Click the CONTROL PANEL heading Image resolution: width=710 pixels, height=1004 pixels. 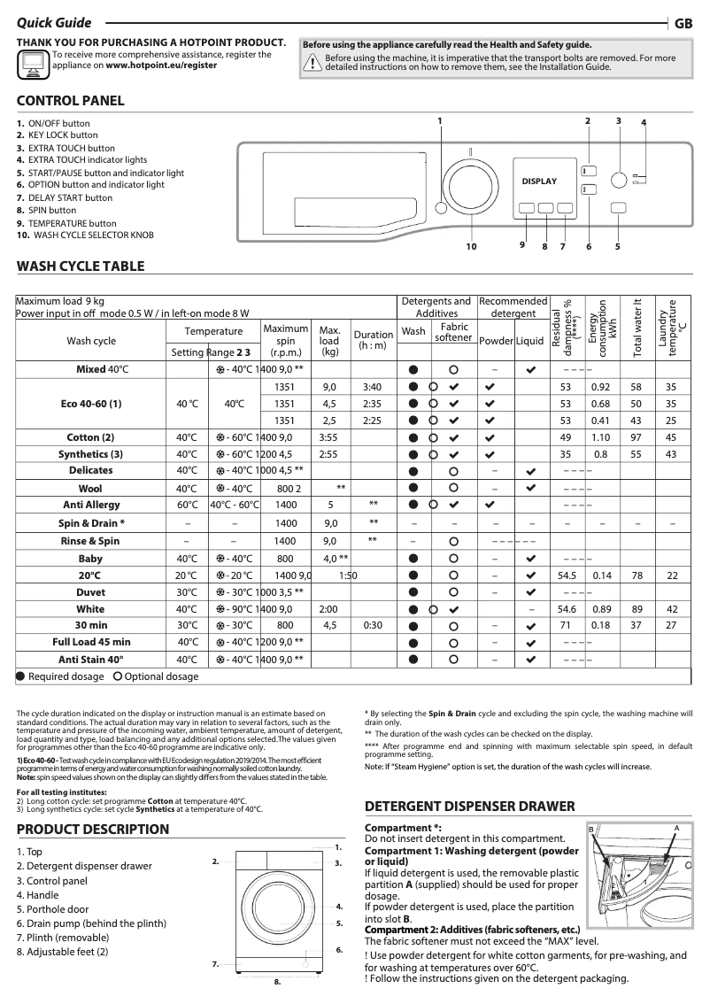(x=71, y=101)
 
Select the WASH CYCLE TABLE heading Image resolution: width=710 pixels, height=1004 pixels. (x=81, y=266)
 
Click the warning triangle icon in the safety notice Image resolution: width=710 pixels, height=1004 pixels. (x=313, y=62)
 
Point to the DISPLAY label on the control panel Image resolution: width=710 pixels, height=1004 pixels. (x=539, y=181)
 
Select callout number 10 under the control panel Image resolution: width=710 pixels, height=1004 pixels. (x=471, y=247)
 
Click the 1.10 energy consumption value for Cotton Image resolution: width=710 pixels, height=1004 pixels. (x=600, y=437)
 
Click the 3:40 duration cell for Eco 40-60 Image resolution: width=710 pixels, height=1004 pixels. (x=372, y=387)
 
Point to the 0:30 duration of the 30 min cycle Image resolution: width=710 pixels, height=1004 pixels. (x=372, y=625)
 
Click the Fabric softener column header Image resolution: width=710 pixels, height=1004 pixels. (x=453, y=333)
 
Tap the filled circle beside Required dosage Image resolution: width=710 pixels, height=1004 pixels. (x=20, y=676)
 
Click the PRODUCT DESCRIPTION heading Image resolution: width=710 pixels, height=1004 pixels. (x=93, y=830)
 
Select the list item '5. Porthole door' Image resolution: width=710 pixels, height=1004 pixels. (x=52, y=909)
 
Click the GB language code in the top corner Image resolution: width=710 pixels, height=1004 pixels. (x=683, y=25)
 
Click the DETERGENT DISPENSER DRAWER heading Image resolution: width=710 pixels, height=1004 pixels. (x=470, y=807)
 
